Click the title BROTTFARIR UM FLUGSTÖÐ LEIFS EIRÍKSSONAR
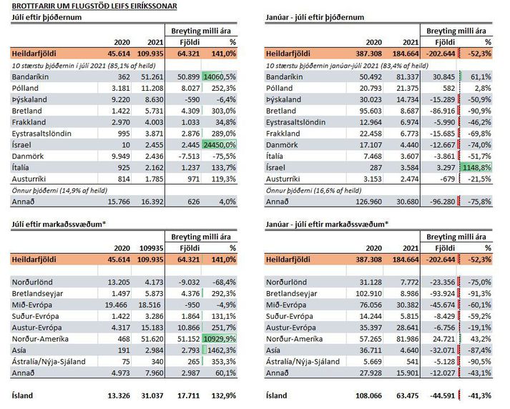point(94,6)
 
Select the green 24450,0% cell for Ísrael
point(220,144)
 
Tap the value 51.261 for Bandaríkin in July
point(152,77)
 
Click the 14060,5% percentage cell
point(220,77)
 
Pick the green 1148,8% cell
point(476,167)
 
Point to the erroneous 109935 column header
point(152,248)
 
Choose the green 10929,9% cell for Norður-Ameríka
point(220,339)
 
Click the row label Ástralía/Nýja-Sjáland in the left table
point(49,362)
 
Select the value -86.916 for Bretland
point(442,111)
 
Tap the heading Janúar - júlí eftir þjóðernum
point(315,17)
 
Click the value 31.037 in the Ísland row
point(152,395)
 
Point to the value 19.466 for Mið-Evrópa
point(116,305)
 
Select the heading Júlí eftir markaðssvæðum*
point(59,224)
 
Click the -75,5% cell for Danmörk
point(224,157)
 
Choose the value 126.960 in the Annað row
point(368,202)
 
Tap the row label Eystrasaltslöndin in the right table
point(295,122)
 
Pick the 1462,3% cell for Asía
point(222,350)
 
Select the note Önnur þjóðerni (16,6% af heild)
point(313,190)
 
